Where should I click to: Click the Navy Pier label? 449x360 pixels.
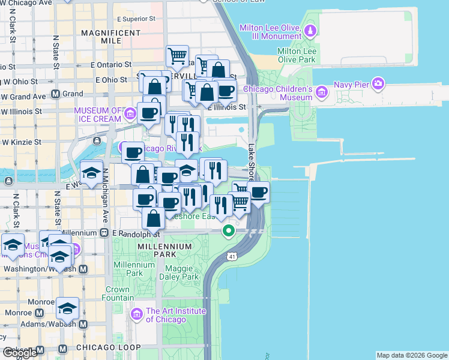351,85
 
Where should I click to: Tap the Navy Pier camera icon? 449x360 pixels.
378,83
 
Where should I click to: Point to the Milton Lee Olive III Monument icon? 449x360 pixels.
310,31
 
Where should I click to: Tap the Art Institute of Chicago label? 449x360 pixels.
175,315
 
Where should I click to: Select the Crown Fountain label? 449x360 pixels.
118,293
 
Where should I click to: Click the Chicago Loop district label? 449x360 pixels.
104,347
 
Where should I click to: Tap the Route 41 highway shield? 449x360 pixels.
232,257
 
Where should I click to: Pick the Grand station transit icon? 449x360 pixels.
55,94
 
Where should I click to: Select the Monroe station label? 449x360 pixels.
20,313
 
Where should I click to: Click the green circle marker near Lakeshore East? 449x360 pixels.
228,230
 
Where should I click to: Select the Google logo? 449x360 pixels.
20,352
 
